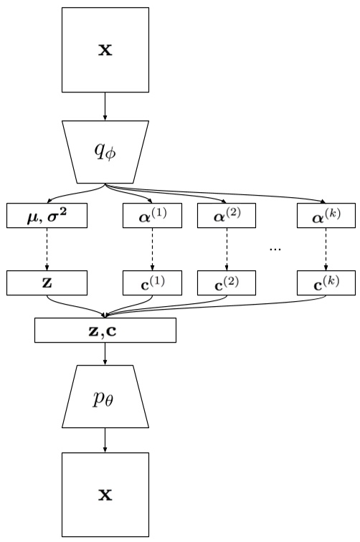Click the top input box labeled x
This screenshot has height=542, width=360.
coord(105,51)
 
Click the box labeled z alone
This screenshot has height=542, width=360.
coord(47,283)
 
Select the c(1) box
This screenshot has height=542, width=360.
coord(153,283)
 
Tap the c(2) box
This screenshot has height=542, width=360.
coord(227,283)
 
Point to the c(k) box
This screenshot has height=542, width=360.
coord(326,283)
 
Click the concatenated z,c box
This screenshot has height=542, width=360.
coord(105,329)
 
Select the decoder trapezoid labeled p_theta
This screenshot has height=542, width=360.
coord(105,397)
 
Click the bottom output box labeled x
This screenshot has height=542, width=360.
coord(105,495)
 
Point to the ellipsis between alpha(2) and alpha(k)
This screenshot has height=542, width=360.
coord(275,248)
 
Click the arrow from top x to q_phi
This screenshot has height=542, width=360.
coord(105,108)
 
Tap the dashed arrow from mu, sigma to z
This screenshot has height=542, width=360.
coord(47,249)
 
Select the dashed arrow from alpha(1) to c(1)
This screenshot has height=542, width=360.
coord(153,249)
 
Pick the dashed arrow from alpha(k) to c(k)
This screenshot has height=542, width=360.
coord(326,249)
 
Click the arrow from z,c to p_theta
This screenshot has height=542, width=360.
coord(105,354)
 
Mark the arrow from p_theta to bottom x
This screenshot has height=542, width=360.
coord(105,439)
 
